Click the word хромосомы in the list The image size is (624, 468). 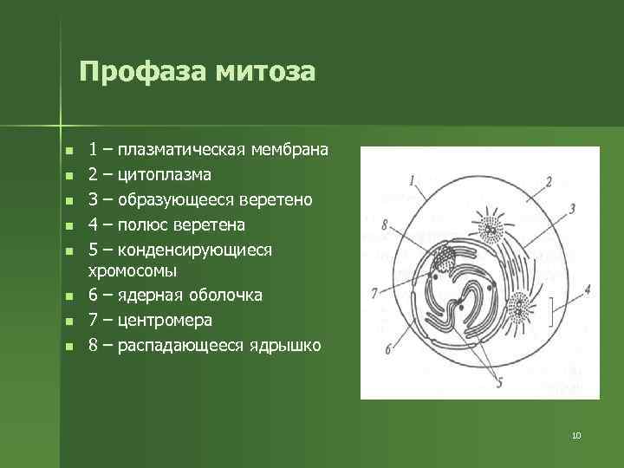129,271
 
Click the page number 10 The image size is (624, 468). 576,434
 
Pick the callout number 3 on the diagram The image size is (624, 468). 572,208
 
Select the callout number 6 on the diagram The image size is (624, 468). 387,348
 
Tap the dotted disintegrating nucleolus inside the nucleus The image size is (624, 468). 445,258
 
